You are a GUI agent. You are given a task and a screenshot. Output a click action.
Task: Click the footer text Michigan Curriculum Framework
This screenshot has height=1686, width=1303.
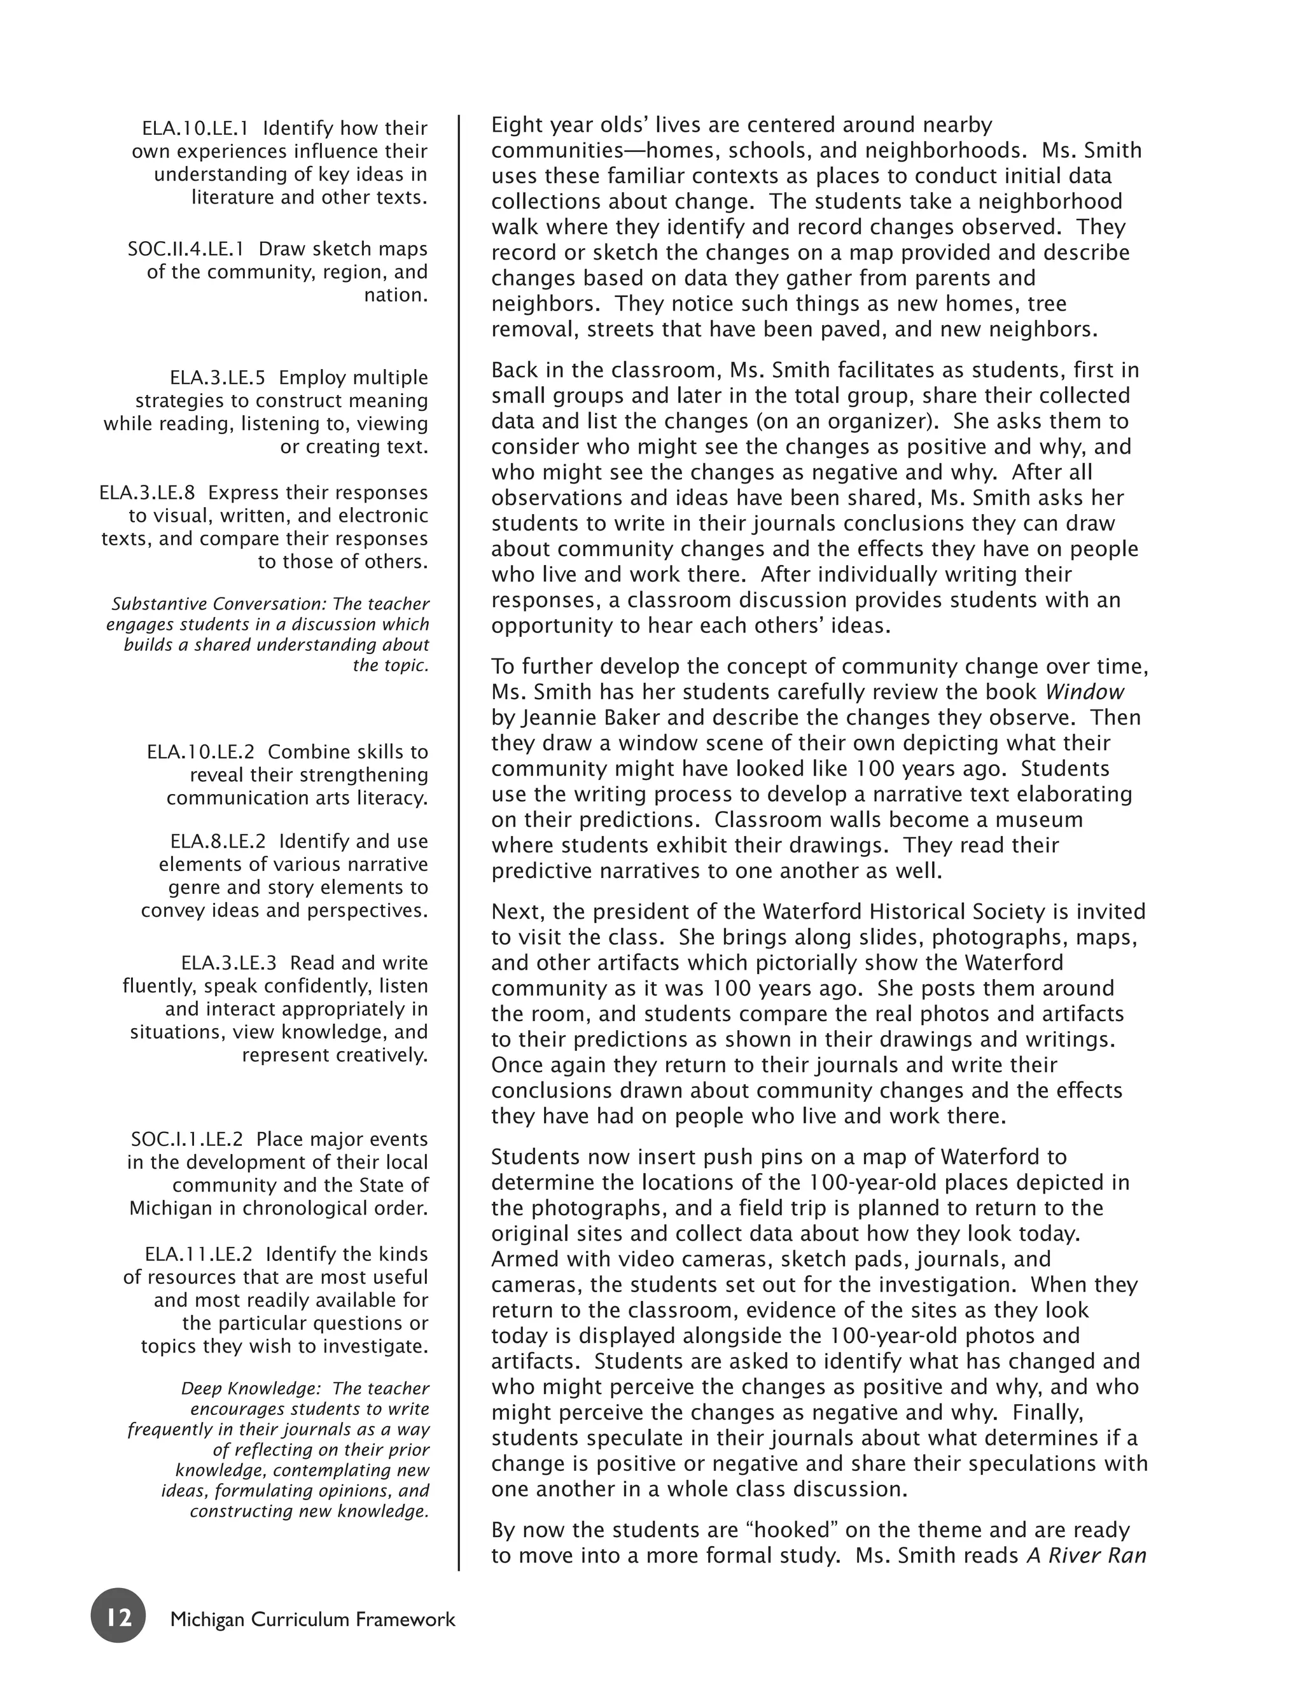[312, 1619]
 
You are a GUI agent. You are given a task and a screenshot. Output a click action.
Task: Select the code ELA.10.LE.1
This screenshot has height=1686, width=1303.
[195, 128]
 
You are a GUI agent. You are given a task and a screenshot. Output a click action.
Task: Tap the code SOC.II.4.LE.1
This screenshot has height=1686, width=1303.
[186, 249]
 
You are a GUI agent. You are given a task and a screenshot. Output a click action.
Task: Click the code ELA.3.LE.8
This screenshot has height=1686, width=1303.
[147, 492]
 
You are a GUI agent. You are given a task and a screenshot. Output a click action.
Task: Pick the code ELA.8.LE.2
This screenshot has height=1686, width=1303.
[218, 842]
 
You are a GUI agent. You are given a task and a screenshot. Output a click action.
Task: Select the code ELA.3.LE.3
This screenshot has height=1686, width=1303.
[228, 963]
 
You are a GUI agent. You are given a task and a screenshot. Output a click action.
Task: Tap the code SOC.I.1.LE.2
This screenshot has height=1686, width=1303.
[187, 1139]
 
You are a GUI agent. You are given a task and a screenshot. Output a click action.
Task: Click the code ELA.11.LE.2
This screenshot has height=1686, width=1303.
[199, 1255]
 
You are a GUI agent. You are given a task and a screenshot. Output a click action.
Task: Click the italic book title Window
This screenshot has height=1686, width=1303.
[1085, 692]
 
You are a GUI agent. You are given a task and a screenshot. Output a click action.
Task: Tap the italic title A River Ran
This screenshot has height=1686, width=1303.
[1086, 1556]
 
